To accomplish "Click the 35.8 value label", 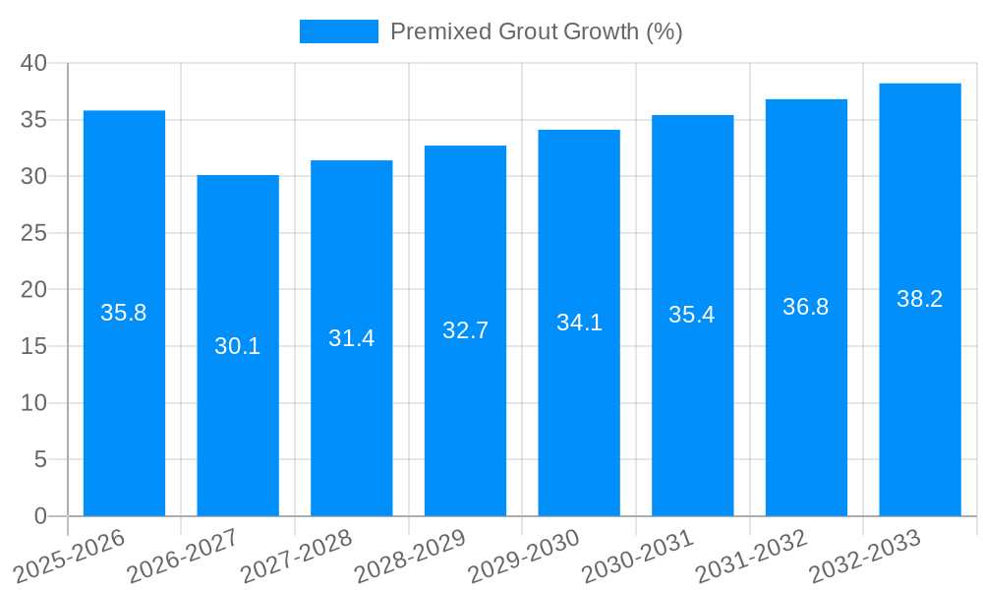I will [124, 313].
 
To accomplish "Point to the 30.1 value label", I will [238, 346].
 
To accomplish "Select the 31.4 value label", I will [352, 338].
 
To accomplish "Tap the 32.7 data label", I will [465, 330].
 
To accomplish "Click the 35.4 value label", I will [692, 315].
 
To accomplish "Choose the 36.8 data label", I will [806, 307].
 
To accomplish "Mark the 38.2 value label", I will [920, 299].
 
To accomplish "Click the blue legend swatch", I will [339, 31].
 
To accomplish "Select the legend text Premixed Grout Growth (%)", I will [536, 31].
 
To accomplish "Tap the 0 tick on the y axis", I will [40, 516].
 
